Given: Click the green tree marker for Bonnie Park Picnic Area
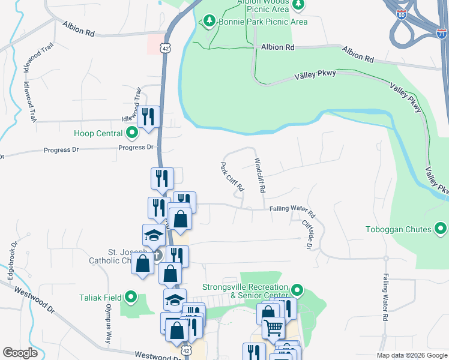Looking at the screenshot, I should (209, 22).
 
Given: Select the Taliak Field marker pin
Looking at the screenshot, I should (132, 297).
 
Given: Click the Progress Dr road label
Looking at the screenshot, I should (136, 148).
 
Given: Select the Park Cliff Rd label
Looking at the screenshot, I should (232, 176).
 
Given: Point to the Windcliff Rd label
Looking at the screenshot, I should (260, 174).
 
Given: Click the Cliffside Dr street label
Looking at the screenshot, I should (307, 233).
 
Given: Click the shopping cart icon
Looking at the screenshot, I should (273, 328).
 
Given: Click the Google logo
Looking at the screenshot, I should (20, 353).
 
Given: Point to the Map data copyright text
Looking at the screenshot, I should (411, 355).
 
